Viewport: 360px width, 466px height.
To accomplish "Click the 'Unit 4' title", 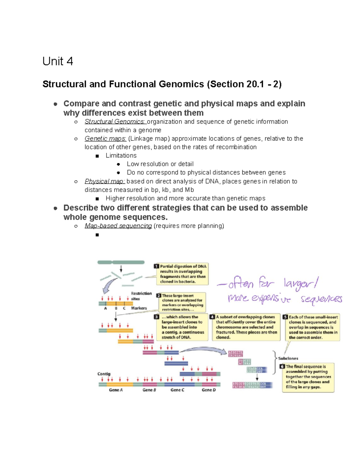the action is pyautogui.click(x=58, y=61).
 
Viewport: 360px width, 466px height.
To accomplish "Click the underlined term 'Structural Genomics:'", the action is pyautogui.click(x=115, y=122).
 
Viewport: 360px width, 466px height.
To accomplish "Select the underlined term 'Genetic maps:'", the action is pyautogui.click(x=105, y=139).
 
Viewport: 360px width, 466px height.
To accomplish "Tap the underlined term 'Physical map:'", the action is pyautogui.click(x=105, y=181).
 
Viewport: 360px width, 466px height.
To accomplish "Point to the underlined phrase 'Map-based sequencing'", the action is pyautogui.click(x=118, y=226).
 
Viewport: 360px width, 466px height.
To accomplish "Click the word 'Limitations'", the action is pyautogui.click(x=121, y=155).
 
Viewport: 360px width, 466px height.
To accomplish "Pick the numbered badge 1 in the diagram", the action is pyautogui.click(x=156, y=266).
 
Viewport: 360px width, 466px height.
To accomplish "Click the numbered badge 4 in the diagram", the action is pyautogui.click(x=212, y=317).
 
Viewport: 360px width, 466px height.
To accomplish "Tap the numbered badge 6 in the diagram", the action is pyautogui.click(x=282, y=366).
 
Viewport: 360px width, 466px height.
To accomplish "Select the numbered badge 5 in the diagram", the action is pyautogui.click(x=285, y=317).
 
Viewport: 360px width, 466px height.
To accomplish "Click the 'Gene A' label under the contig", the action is pyautogui.click(x=116, y=390).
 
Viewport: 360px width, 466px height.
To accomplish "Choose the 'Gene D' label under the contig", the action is pyautogui.click(x=208, y=390).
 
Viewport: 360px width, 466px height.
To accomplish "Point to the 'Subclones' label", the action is pyautogui.click(x=288, y=358).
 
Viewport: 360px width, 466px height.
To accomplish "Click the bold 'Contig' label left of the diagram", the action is pyautogui.click(x=104, y=374).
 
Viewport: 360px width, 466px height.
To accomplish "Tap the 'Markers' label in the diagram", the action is pyautogui.click(x=139, y=308).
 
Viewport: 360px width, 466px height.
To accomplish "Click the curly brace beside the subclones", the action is pyautogui.click(x=274, y=362).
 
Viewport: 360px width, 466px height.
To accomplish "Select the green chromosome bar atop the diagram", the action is pyautogui.click(x=121, y=262).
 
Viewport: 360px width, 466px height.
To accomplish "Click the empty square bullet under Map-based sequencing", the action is pyautogui.click(x=97, y=235).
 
